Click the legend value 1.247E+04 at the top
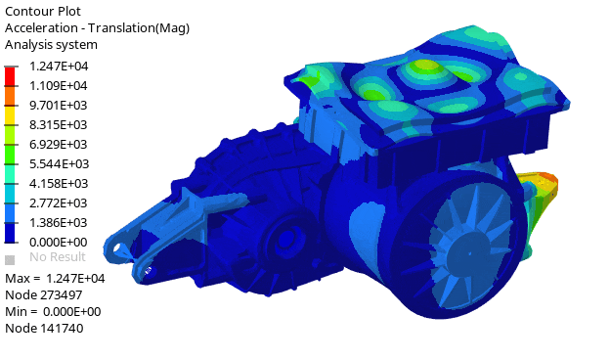point(59,67)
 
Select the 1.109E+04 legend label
point(59,86)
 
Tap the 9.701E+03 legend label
point(59,105)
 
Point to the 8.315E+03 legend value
point(59,124)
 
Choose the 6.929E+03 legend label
point(59,145)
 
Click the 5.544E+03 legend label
point(59,163)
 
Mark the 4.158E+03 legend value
point(59,183)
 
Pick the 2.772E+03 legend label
point(59,202)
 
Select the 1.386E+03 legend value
point(59,223)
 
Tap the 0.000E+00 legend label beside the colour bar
point(59,242)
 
